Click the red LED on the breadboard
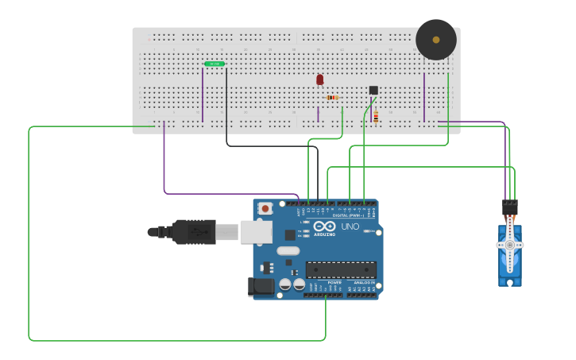(320, 79)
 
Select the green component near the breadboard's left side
(215, 64)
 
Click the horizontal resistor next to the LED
(332, 97)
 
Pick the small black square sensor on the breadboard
(373, 90)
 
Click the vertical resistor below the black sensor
(376, 117)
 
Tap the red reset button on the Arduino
(265, 208)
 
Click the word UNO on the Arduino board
(350, 227)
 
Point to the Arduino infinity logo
(324, 226)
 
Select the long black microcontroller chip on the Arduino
(341, 270)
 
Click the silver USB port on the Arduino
(256, 231)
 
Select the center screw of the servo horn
(509, 246)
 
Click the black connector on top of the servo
(509, 207)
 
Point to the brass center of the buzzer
(436, 40)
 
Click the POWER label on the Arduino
(334, 282)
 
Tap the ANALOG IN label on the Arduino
(362, 282)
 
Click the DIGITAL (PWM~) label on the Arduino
(349, 215)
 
